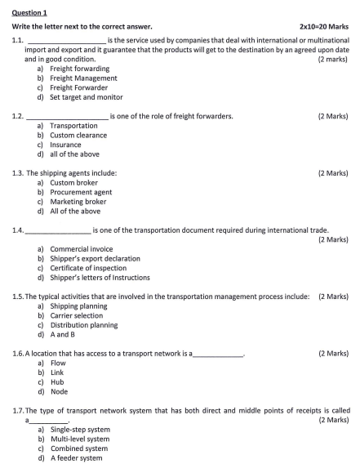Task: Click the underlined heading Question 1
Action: [30, 13]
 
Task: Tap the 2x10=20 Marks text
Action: [323, 27]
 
